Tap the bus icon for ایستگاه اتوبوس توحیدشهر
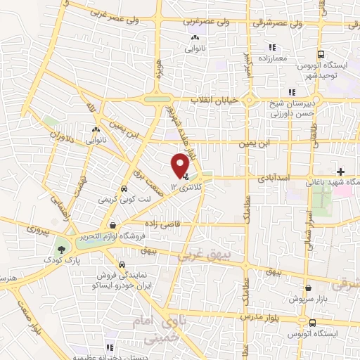(321, 54)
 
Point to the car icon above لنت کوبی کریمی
(124, 188)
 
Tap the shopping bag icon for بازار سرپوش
(309, 288)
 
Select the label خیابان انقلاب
(217, 101)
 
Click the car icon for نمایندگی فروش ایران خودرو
(124, 265)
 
